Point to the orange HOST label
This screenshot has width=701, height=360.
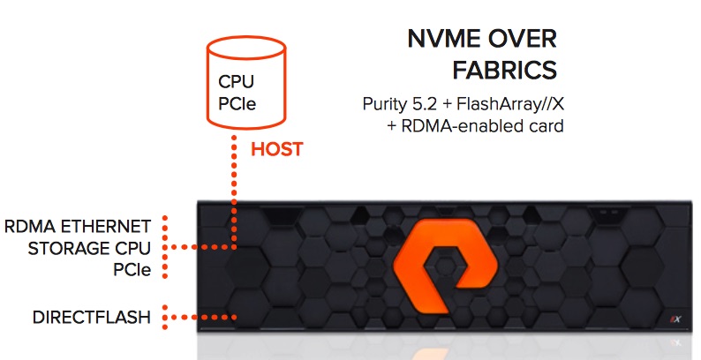pyautogui.click(x=276, y=149)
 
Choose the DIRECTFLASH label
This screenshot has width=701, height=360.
pyautogui.click(x=92, y=317)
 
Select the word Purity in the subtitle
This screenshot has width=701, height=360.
pyautogui.click(x=387, y=104)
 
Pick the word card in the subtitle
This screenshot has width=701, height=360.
pyautogui.click(x=546, y=127)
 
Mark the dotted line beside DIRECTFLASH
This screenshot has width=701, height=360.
pyautogui.click(x=204, y=317)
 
